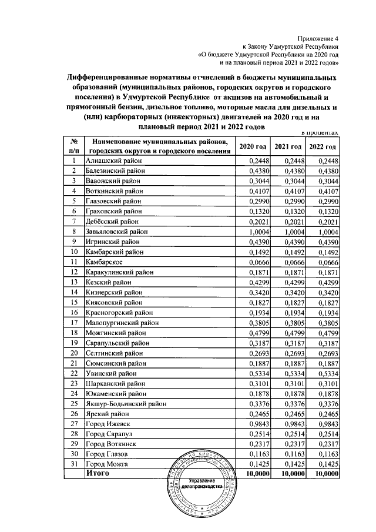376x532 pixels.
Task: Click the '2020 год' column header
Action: (254, 146)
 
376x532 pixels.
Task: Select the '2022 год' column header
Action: (323, 146)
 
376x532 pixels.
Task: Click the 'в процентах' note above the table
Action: (318, 133)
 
